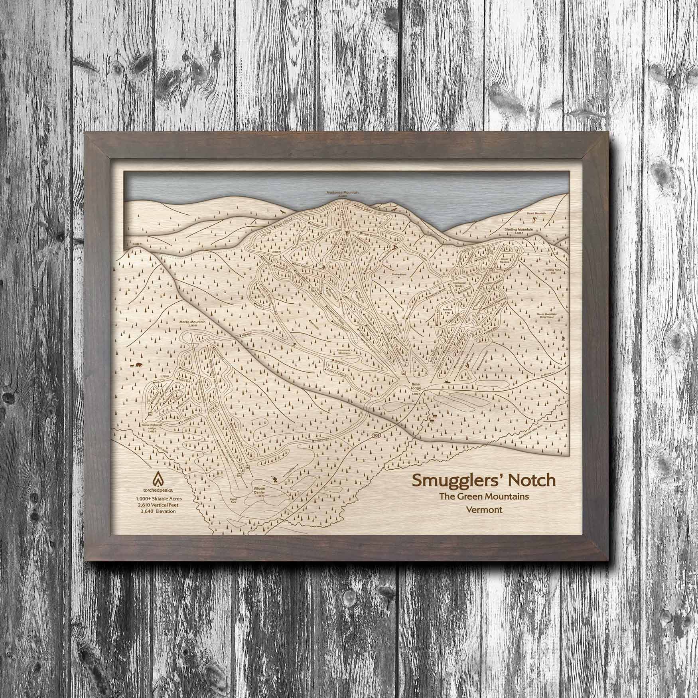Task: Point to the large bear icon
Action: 137,365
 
